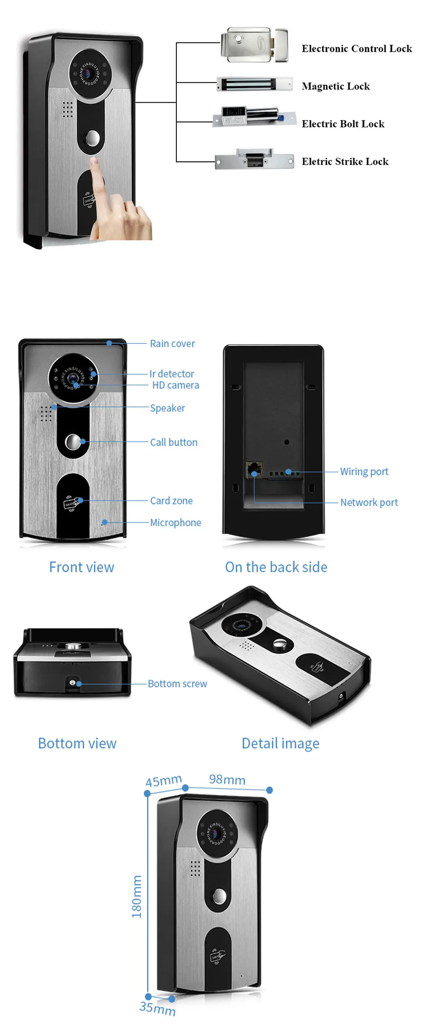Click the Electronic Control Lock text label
[x=357, y=49]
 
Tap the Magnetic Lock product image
[x=254, y=84]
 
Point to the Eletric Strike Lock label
[x=345, y=162]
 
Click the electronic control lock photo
[x=254, y=45]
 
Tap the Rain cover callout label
[x=172, y=344]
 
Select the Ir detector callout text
[x=171, y=374]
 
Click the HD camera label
[x=175, y=385]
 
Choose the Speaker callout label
[x=168, y=408]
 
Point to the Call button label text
[x=174, y=442]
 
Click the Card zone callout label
[x=171, y=501]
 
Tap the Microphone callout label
[x=175, y=523]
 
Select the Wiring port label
[x=364, y=472]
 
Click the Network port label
[x=369, y=503]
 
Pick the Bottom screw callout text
[x=177, y=684]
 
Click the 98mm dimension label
[x=227, y=780]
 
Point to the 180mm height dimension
[x=137, y=896]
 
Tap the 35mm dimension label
[x=157, y=1009]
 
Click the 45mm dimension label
[x=164, y=781]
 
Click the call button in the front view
[x=73, y=442]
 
